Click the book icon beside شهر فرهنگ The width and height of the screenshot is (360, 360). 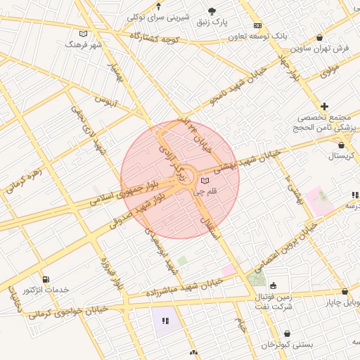[84, 34]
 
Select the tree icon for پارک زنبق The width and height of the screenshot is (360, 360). [212, 10]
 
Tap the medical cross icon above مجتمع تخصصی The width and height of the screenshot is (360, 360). [324, 105]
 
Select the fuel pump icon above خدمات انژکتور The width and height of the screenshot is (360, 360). [46, 280]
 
